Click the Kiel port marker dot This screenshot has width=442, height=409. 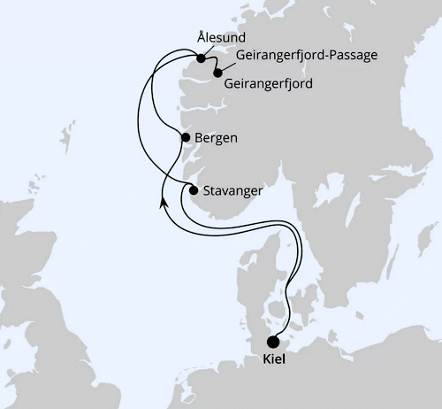[x=273, y=342]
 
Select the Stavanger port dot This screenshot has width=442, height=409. [x=193, y=189]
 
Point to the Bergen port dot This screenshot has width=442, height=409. [x=185, y=137]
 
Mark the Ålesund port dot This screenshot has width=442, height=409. [x=202, y=59]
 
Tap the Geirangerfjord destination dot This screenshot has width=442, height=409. [x=217, y=73]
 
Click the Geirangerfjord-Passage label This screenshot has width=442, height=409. [x=308, y=56]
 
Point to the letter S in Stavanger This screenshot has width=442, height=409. [x=207, y=189]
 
